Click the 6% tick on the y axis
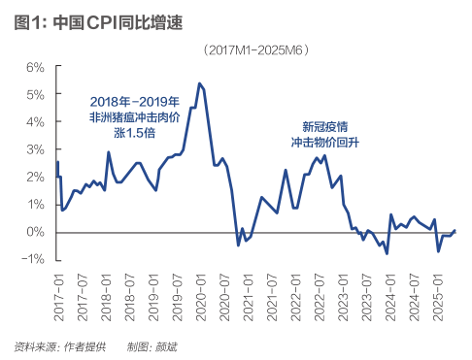click(35, 67)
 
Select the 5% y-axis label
click(35, 95)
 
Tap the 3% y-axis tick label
click(35, 149)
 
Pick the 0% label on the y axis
click(35, 232)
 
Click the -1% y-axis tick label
click(34, 259)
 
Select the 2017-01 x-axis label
click(58, 292)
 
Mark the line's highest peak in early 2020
click(199, 83)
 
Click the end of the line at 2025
click(455, 230)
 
